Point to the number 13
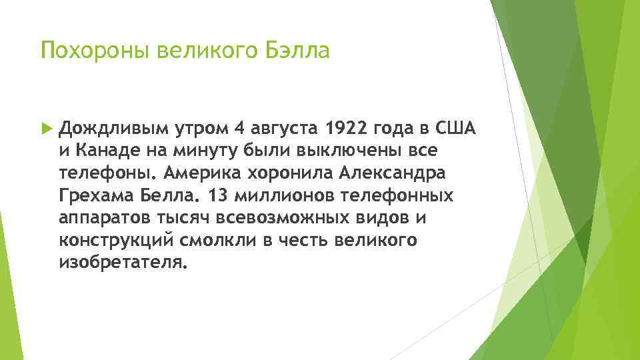(x=217, y=196)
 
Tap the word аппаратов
(x=97, y=219)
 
